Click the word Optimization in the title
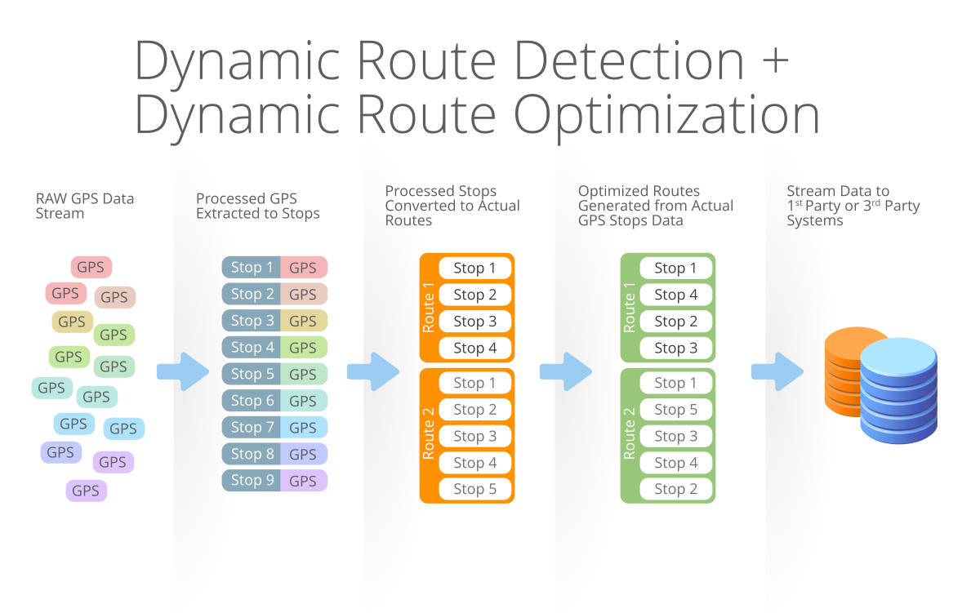[666, 115]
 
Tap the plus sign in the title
[775, 60]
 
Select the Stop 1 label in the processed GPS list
[252, 267]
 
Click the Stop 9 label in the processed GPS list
[252, 480]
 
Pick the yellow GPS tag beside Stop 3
[304, 321]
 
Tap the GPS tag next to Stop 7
[304, 427]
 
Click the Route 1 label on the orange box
[429, 308]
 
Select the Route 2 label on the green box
[630, 433]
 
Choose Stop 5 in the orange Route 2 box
[475, 489]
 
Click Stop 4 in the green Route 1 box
[676, 295]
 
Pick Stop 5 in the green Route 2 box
[676, 409]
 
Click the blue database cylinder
[898, 390]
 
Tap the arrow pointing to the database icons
[777, 371]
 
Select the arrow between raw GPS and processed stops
[183, 371]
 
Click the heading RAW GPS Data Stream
[85, 206]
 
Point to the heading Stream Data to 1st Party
[853, 206]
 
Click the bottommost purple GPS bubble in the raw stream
[87, 491]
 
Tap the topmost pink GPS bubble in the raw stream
[91, 267]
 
